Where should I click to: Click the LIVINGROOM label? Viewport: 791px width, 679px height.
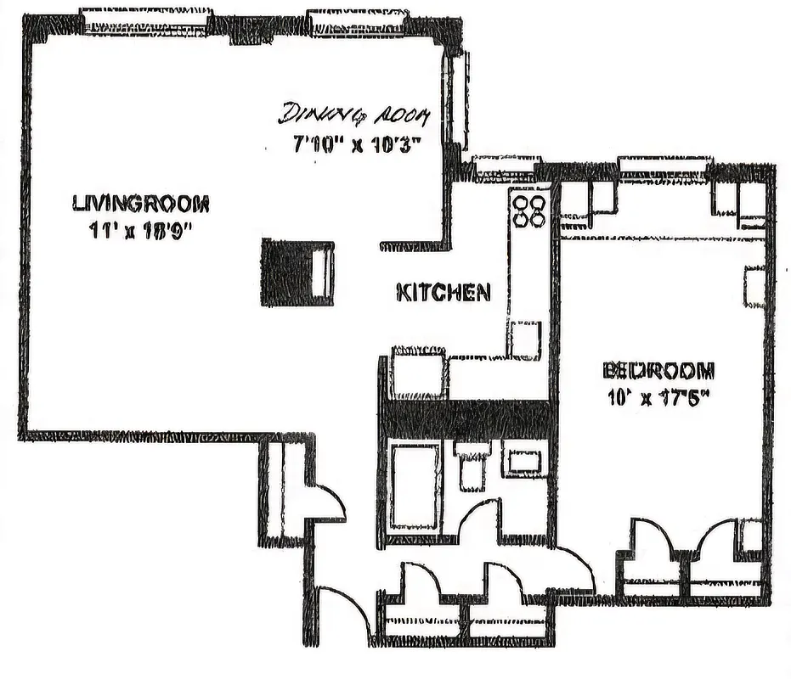[141, 204]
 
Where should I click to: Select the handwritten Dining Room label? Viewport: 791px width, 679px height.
[355, 114]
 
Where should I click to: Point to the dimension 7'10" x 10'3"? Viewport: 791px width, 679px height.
[352, 143]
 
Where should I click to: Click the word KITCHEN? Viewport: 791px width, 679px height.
[444, 293]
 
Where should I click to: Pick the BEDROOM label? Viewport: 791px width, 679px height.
[658, 371]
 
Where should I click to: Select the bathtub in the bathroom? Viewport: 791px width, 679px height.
[415, 485]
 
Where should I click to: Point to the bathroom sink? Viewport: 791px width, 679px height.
[525, 459]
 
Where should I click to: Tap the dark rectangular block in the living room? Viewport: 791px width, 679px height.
[297, 272]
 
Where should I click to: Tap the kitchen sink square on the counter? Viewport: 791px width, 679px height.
[524, 339]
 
